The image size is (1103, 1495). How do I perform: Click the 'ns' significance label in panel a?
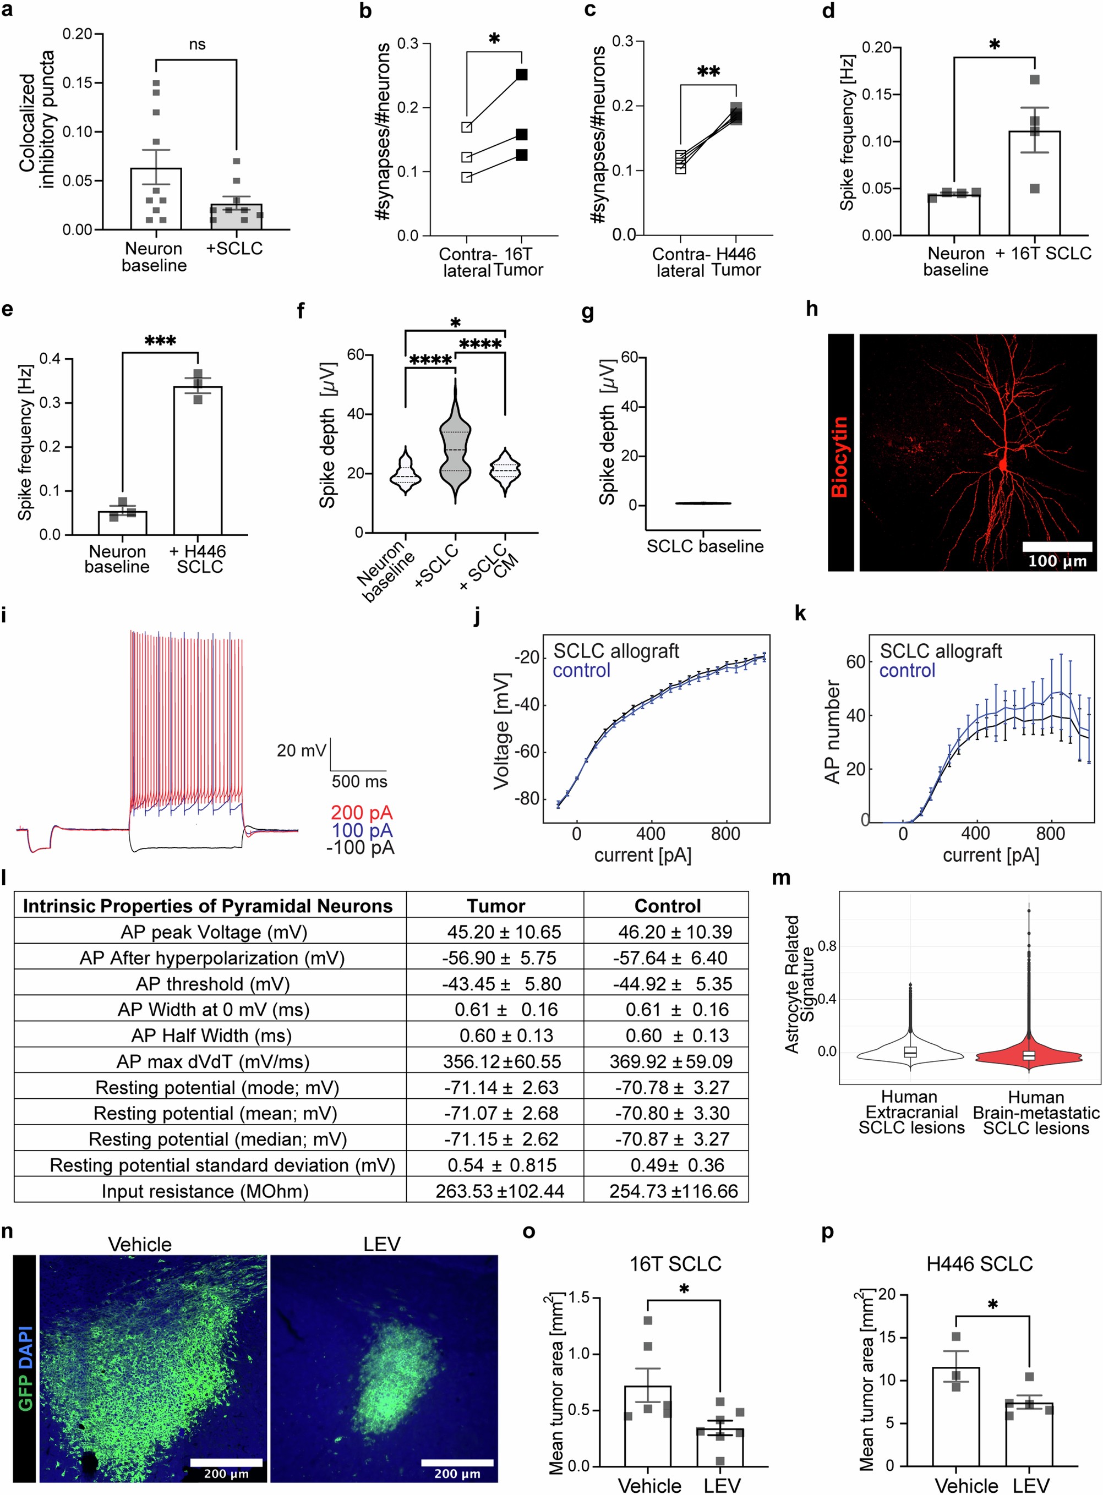click(196, 45)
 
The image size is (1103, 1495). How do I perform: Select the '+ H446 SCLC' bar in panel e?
click(198, 460)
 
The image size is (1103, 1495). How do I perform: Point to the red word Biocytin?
click(839, 457)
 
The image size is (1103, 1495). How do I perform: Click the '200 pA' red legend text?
click(362, 812)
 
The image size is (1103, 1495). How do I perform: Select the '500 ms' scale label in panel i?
click(359, 781)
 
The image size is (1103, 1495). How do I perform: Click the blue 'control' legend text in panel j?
click(581, 670)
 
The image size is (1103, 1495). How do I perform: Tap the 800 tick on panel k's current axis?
click(1050, 834)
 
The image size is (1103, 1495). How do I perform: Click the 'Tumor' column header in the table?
click(495, 906)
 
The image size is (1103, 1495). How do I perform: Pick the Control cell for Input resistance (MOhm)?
click(673, 1191)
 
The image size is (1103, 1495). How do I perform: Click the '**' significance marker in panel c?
click(708, 72)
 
